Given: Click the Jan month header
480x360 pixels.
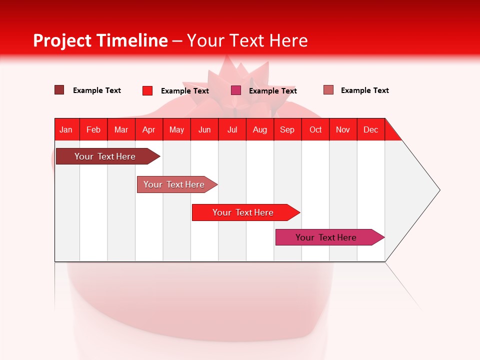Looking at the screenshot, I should (x=66, y=129).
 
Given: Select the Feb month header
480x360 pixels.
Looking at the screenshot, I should (x=93, y=129).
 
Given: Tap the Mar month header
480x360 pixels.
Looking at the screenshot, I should (x=121, y=129).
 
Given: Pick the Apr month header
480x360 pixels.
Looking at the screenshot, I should (x=148, y=129).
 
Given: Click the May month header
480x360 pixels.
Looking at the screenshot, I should (x=176, y=129).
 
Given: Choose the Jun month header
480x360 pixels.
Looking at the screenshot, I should (x=204, y=129).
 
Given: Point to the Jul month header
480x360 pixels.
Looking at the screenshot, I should (x=232, y=129).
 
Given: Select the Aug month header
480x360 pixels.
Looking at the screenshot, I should (x=259, y=129).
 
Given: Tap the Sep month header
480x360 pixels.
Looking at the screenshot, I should (x=287, y=129).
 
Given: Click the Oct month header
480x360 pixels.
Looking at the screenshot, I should (x=315, y=129).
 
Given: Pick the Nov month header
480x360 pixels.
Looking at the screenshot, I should (x=342, y=129).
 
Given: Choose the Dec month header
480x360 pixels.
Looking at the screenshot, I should (x=370, y=129).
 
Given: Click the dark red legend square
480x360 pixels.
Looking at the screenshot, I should (x=59, y=90).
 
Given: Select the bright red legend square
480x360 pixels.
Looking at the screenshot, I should (x=147, y=90).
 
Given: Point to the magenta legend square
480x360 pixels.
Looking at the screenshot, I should (x=236, y=90).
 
